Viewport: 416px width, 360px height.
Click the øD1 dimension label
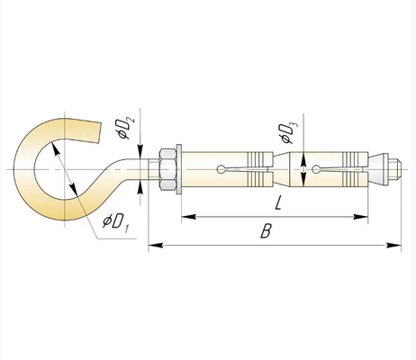(116, 223)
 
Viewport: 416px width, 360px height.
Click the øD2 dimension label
(126, 129)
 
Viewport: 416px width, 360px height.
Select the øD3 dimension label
(290, 133)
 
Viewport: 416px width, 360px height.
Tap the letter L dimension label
(278, 202)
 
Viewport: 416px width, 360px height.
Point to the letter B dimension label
(266, 231)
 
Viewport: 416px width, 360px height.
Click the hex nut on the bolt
(167, 169)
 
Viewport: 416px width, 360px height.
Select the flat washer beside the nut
(179, 169)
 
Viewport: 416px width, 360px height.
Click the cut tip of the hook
(99, 131)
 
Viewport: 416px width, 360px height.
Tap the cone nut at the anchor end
(378, 169)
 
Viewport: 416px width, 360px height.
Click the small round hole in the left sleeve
(221, 169)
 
